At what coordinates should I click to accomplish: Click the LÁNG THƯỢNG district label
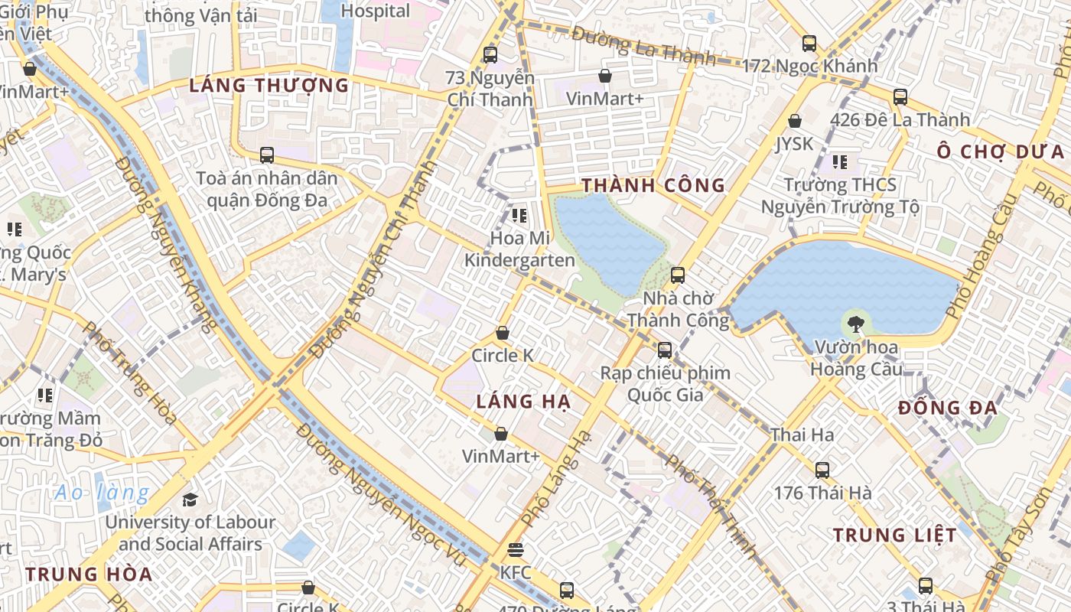[x=269, y=85]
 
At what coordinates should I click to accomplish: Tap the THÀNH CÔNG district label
[x=653, y=185]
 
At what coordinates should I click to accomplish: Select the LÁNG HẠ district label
[x=523, y=402]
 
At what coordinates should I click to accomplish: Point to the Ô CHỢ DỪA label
[x=1001, y=151]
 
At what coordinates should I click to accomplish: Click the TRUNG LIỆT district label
[x=894, y=535]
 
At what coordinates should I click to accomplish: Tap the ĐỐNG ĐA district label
[x=948, y=408]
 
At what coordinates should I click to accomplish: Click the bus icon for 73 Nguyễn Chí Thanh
[x=490, y=55]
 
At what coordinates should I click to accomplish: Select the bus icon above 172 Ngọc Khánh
[x=809, y=44]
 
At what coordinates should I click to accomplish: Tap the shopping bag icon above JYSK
[x=795, y=121]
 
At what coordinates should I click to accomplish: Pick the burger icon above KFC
[x=516, y=550]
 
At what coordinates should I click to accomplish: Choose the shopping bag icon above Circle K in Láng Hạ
[x=503, y=333]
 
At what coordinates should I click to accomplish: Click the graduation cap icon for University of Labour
[x=190, y=500]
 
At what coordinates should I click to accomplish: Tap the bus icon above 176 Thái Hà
[x=822, y=470]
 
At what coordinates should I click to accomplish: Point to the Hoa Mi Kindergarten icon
[x=520, y=216]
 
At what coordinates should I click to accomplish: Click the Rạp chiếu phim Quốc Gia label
[x=665, y=383]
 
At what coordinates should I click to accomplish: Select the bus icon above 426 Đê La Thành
[x=900, y=97]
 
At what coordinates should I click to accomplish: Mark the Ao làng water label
[x=102, y=493]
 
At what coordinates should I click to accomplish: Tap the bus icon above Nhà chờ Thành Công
[x=678, y=275]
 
